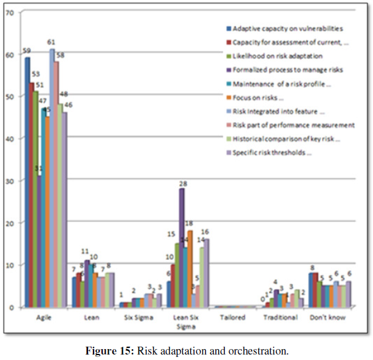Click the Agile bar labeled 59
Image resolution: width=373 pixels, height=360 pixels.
tap(27, 182)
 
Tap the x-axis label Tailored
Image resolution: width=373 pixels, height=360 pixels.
tap(233, 318)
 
